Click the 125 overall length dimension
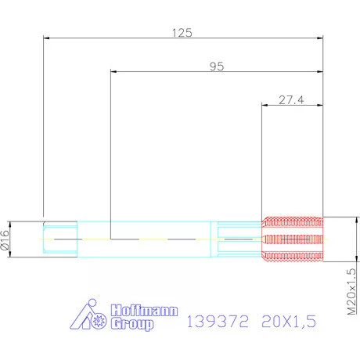182,33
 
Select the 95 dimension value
217,67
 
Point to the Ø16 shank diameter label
7,238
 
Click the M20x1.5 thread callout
351,292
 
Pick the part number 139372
214,321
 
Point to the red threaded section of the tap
292,238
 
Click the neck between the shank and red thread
239,238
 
